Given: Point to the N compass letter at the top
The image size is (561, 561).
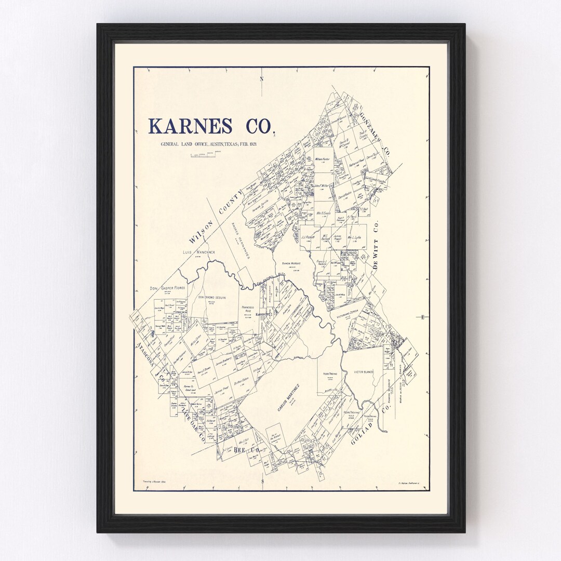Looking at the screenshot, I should click(x=262, y=79).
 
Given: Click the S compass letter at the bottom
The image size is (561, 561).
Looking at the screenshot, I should click(x=262, y=481).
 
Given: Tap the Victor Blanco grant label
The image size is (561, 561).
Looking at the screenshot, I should click(x=364, y=372).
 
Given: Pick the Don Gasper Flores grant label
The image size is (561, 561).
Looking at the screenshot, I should click(x=168, y=287).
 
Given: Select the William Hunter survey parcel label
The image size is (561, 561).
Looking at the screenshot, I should click(x=322, y=159).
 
